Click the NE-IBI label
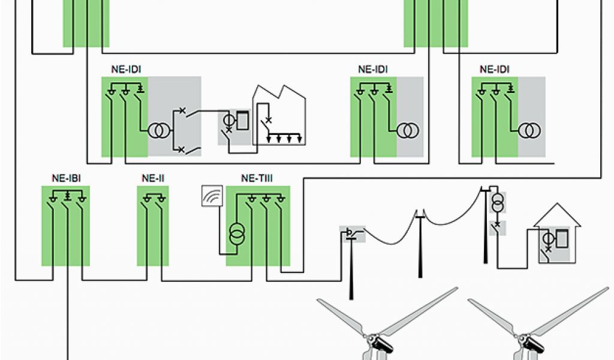coord(65,178)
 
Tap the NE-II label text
coord(153,178)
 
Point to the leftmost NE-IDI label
coord(126,69)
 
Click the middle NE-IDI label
coord(373,69)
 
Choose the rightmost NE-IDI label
coord(495,69)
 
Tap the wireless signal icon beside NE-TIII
coord(212,196)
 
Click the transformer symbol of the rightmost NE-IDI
coord(528,130)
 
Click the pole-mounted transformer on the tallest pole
coord(497,203)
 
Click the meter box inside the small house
coord(561,239)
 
